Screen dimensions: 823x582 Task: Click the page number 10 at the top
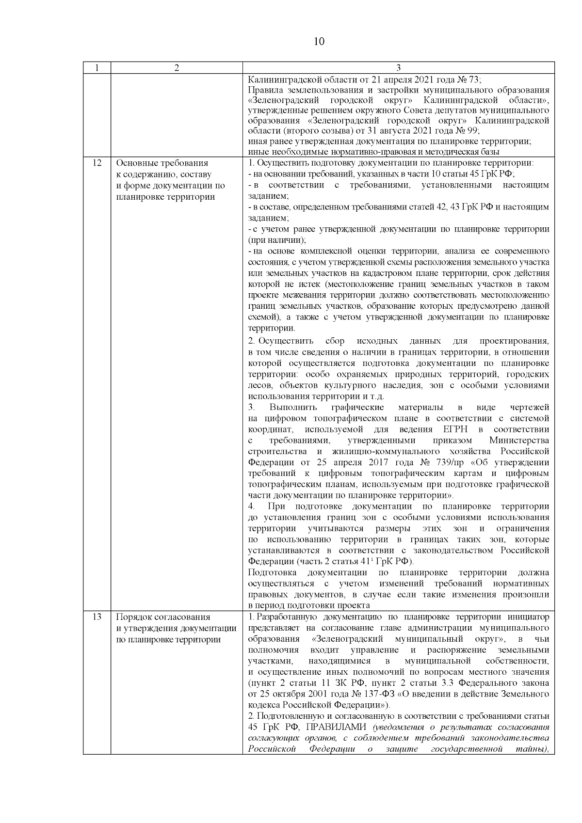(x=319, y=42)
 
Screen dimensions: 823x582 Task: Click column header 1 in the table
(x=97, y=68)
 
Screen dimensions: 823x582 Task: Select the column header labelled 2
(x=177, y=68)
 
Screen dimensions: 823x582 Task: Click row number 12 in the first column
(x=97, y=163)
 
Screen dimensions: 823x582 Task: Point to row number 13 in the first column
(x=97, y=617)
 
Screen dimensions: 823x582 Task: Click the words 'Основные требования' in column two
(x=162, y=163)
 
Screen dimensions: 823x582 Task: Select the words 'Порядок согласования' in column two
(x=163, y=617)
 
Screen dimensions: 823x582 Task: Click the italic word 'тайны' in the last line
(x=534, y=749)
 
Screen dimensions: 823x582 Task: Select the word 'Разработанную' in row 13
(x=287, y=617)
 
